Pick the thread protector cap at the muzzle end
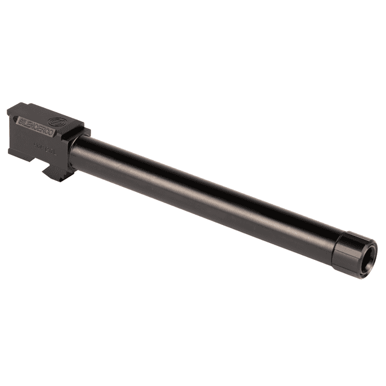click(353, 252)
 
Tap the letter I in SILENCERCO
click(25, 122)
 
